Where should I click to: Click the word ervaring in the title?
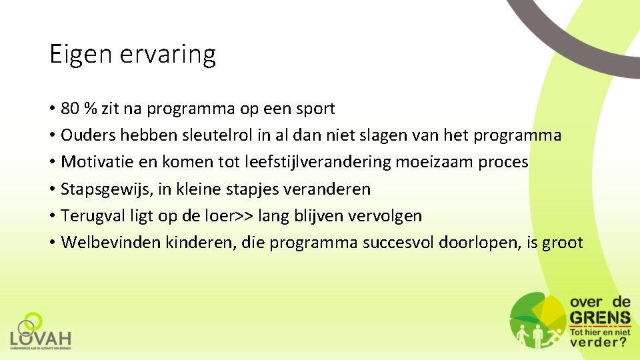pyautogui.click(x=168, y=54)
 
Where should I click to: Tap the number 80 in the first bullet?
pyautogui.click(x=69, y=108)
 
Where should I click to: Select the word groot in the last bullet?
pyautogui.click(x=563, y=243)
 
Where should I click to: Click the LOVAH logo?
pyautogui.click(x=40, y=331)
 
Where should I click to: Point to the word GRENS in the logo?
pyautogui.click(x=599, y=317)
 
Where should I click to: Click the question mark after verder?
pyautogui.click(x=622, y=342)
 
